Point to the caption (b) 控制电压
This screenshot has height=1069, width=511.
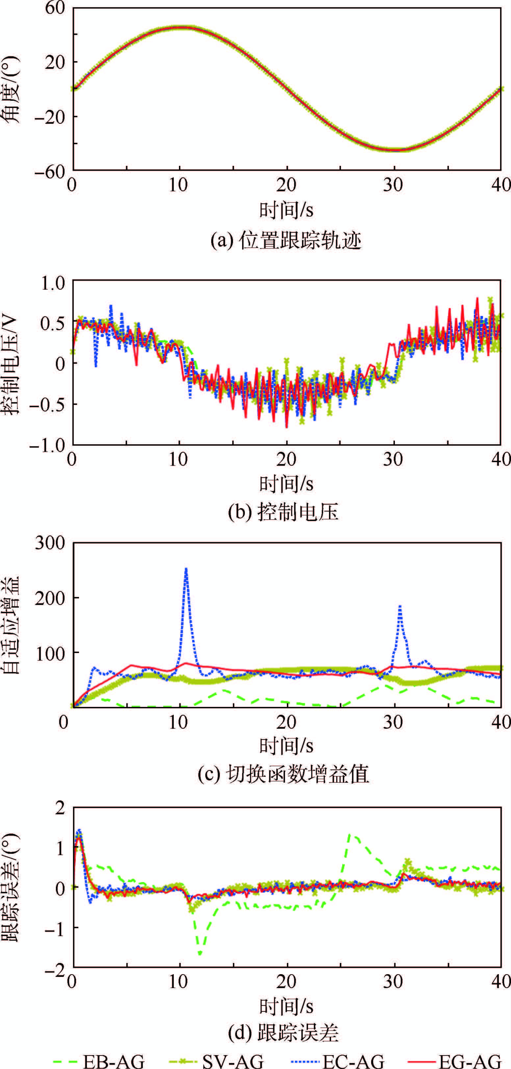point(284,512)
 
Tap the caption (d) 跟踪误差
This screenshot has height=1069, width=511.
point(284,1033)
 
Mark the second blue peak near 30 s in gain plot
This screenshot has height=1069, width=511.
point(400,606)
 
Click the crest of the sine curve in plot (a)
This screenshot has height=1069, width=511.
point(180,27)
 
